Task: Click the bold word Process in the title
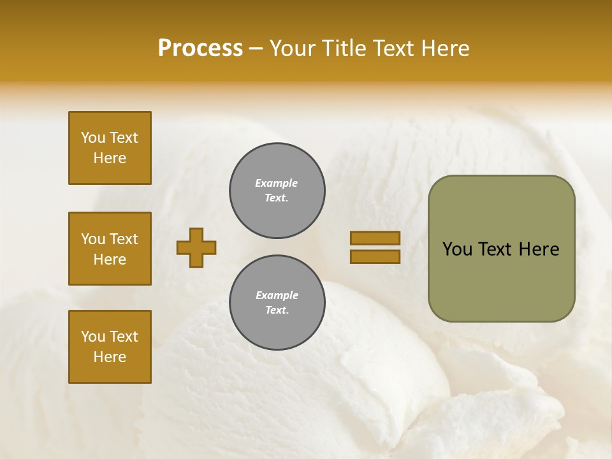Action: [x=200, y=48]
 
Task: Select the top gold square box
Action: [x=110, y=148]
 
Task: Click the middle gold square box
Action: [x=110, y=249]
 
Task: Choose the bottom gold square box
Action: [x=110, y=347]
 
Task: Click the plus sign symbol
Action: [x=196, y=247]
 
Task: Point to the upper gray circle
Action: [x=277, y=191]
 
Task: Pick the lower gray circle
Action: [x=277, y=303]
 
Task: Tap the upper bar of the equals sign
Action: [x=375, y=238]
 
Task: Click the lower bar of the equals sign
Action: [x=375, y=256]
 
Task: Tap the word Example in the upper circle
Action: [x=276, y=183]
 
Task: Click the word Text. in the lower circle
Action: [x=277, y=310]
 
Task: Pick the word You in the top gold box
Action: [x=93, y=138]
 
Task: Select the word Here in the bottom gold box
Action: [x=110, y=357]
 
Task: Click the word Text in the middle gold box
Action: [x=124, y=239]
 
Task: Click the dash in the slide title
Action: [x=256, y=48]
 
